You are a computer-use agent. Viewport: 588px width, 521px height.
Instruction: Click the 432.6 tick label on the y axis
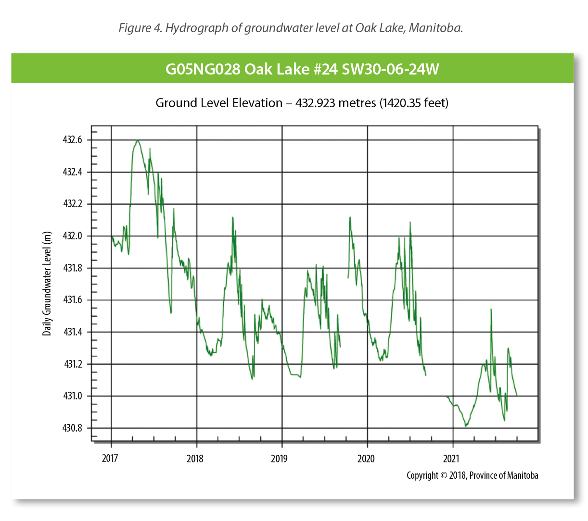pyautogui.click(x=73, y=140)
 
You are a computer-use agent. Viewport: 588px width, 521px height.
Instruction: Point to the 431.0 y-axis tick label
pyautogui.click(x=73, y=396)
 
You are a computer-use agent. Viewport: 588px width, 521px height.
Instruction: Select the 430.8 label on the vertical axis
pyautogui.click(x=73, y=428)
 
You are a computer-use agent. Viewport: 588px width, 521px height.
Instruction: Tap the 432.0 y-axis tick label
pyautogui.click(x=73, y=236)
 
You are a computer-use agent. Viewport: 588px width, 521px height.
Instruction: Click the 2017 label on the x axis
pyautogui.click(x=110, y=458)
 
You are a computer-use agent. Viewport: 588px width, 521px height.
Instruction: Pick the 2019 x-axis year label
pyautogui.click(x=280, y=458)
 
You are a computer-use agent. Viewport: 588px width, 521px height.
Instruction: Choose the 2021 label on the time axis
pyautogui.click(x=451, y=458)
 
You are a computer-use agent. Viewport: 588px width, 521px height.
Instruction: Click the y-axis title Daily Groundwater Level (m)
pyautogui.click(x=47, y=284)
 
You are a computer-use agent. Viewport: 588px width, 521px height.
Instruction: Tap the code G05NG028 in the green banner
pyautogui.click(x=203, y=69)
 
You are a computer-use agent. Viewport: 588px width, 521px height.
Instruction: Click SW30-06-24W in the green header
pyautogui.click(x=390, y=69)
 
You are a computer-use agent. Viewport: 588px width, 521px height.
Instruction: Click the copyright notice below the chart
pyautogui.click(x=472, y=475)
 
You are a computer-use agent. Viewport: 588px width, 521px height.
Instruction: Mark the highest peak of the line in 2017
pyautogui.click(x=138, y=140)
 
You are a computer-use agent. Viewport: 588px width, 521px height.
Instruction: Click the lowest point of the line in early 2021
pyautogui.click(x=465, y=426)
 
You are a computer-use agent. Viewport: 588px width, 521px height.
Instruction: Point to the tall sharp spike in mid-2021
pyautogui.click(x=491, y=309)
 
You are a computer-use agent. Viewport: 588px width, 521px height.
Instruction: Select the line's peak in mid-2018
pyautogui.click(x=233, y=217)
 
